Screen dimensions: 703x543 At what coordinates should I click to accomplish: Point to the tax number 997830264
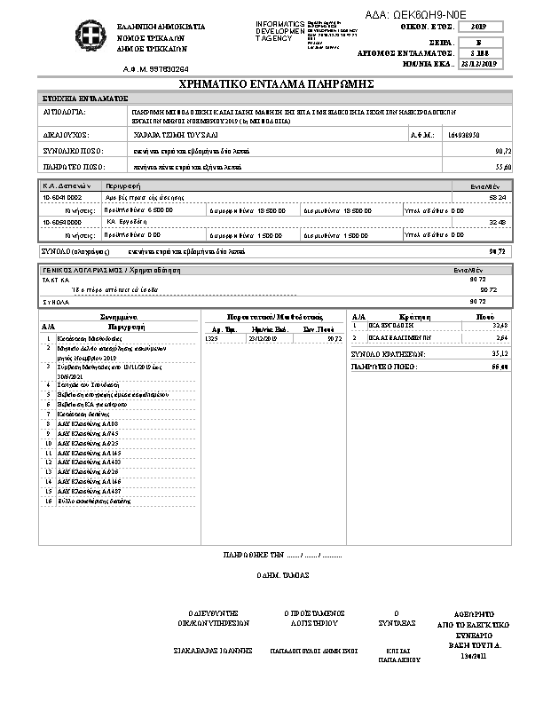click(x=168, y=67)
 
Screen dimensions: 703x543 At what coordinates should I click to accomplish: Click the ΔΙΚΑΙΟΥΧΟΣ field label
click(x=64, y=135)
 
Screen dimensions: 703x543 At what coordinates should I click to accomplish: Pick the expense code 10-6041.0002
click(x=62, y=196)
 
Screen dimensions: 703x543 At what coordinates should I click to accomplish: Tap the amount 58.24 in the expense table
click(x=499, y=196)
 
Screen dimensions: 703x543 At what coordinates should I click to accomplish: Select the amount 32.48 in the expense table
click(x=499, y=221)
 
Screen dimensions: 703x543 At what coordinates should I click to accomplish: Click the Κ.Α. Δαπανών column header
click(x=62, y=185)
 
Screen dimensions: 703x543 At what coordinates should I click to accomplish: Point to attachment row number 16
click(x=48, y=501)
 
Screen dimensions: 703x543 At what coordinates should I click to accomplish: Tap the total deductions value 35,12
click(x=499, y=353)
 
